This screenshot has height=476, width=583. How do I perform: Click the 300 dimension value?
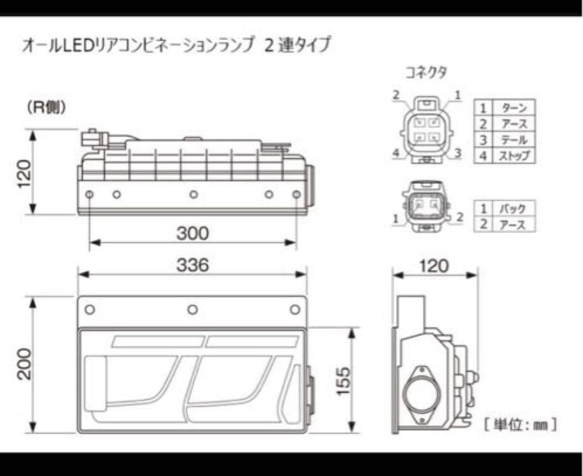click(192, 233)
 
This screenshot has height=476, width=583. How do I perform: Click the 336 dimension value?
click(192, 265)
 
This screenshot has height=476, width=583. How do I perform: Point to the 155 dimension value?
click(344, 381)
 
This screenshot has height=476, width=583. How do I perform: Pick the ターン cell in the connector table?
click(513, 108)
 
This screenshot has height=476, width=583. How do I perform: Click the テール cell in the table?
click(513, 140)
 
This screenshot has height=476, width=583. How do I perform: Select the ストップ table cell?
click(513, 156)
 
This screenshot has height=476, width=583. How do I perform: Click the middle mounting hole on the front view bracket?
click(192, 310)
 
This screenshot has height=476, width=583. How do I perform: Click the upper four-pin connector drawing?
click(426, 130)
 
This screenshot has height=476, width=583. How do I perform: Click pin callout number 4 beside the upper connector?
click(396, 153)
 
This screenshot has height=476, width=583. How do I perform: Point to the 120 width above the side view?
click(435, 265)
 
